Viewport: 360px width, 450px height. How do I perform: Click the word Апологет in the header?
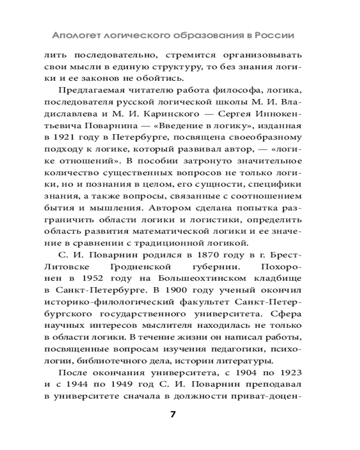(x=75, y=35)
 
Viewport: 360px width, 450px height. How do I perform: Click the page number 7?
(x=173, y=414)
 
